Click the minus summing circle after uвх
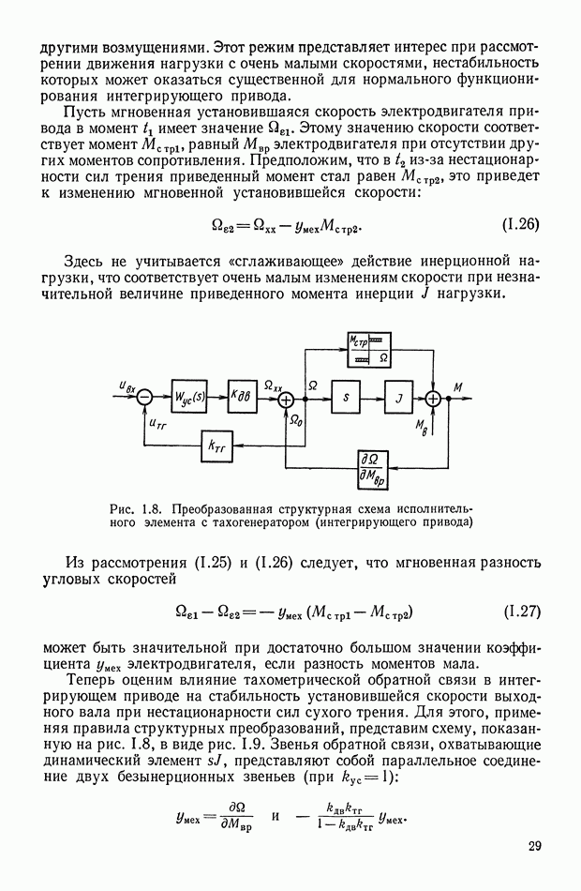[x=144, y=398]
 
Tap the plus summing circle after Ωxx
[x=286, y=398]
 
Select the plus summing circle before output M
[x=434, y=398]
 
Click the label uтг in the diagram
[x=156, y=424]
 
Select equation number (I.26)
[x=521, y=224]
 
